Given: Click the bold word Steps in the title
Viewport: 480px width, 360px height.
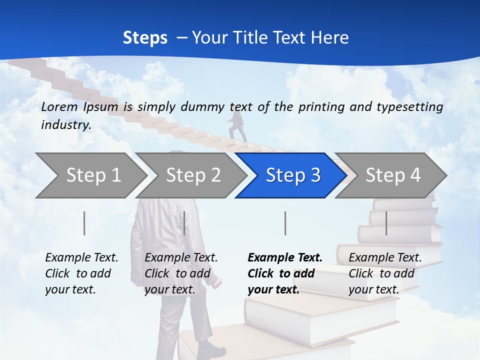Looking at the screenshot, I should pyautogui.click(x=145, y=38).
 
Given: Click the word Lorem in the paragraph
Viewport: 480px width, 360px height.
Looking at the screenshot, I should pyautogui.click(x=59, y=106).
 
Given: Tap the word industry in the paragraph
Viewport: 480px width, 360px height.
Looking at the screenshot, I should pyautogui.click(x=65, y=124).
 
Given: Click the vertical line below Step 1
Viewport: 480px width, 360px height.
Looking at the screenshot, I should pyautogui.click(x=84, y=223).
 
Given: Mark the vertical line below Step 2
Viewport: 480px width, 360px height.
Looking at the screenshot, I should pyautogui.click(x=184, y=223).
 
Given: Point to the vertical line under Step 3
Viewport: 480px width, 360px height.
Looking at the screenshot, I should pyautogui.click(x=285, y=223).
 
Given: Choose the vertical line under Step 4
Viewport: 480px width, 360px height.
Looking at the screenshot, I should pyautogui.click(x=386, y=223).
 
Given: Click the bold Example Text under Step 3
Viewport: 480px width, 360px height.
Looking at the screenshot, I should pyautogui.click(x=285, y=258).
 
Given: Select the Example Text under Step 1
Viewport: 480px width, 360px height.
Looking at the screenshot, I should pyautogui.click(x=81, y=258).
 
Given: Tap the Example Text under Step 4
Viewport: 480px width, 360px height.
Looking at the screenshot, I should pyautogui.click(x=385, y=258).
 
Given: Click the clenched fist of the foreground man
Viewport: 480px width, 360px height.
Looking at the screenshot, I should pyautogui.click(x=215, y=282).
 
